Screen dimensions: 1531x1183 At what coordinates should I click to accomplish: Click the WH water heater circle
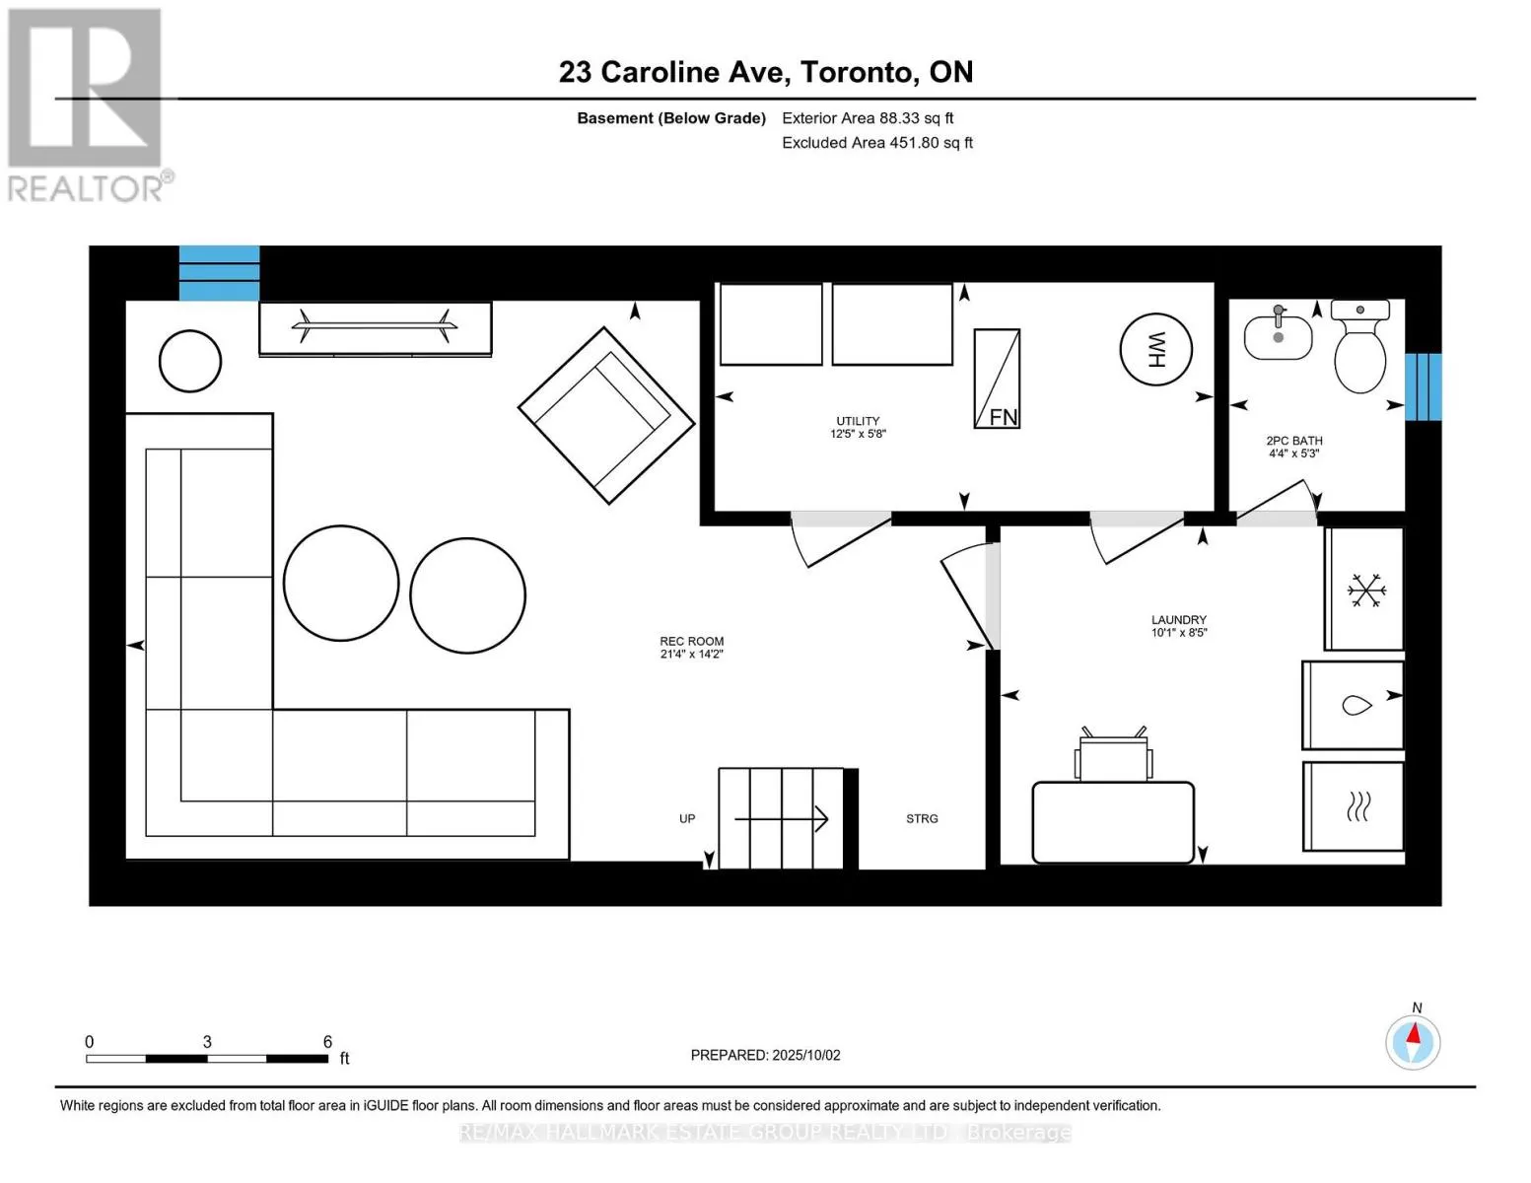pos(1155,349)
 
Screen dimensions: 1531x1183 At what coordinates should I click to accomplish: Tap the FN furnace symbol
pos(997,379)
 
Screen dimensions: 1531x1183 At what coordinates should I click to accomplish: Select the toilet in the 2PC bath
pos(1359,346)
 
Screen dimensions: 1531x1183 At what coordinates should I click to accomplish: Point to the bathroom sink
pos(1278,334)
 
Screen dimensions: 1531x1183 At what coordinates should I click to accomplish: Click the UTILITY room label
pos(858,421)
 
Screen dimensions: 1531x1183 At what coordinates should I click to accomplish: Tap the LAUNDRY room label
pos(1179,620)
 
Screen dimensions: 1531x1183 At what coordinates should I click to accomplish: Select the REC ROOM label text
pos(691,641)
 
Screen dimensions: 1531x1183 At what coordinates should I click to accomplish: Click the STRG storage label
pos(922,818)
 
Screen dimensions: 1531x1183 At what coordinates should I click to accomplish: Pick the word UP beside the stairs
pos(687,818)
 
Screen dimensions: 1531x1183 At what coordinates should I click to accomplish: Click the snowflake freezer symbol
pos(1366,591)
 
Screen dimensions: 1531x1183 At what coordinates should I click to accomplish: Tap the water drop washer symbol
pos(1357,705)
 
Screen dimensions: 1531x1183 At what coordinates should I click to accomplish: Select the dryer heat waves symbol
pos(1357,806)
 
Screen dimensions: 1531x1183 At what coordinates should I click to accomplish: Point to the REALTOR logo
pos(86,105)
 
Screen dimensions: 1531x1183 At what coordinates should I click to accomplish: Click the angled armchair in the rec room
pos(606,415)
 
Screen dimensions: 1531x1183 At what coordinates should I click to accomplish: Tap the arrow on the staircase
pos(781,818)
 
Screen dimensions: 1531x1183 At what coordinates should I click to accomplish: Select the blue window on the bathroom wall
pos(1424,386)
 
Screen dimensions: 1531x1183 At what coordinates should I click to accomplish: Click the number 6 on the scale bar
pos(327,1041)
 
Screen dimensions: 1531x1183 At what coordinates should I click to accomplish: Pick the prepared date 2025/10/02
pos(806,1055)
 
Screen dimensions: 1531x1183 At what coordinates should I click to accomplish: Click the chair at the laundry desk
pos(1113,755)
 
